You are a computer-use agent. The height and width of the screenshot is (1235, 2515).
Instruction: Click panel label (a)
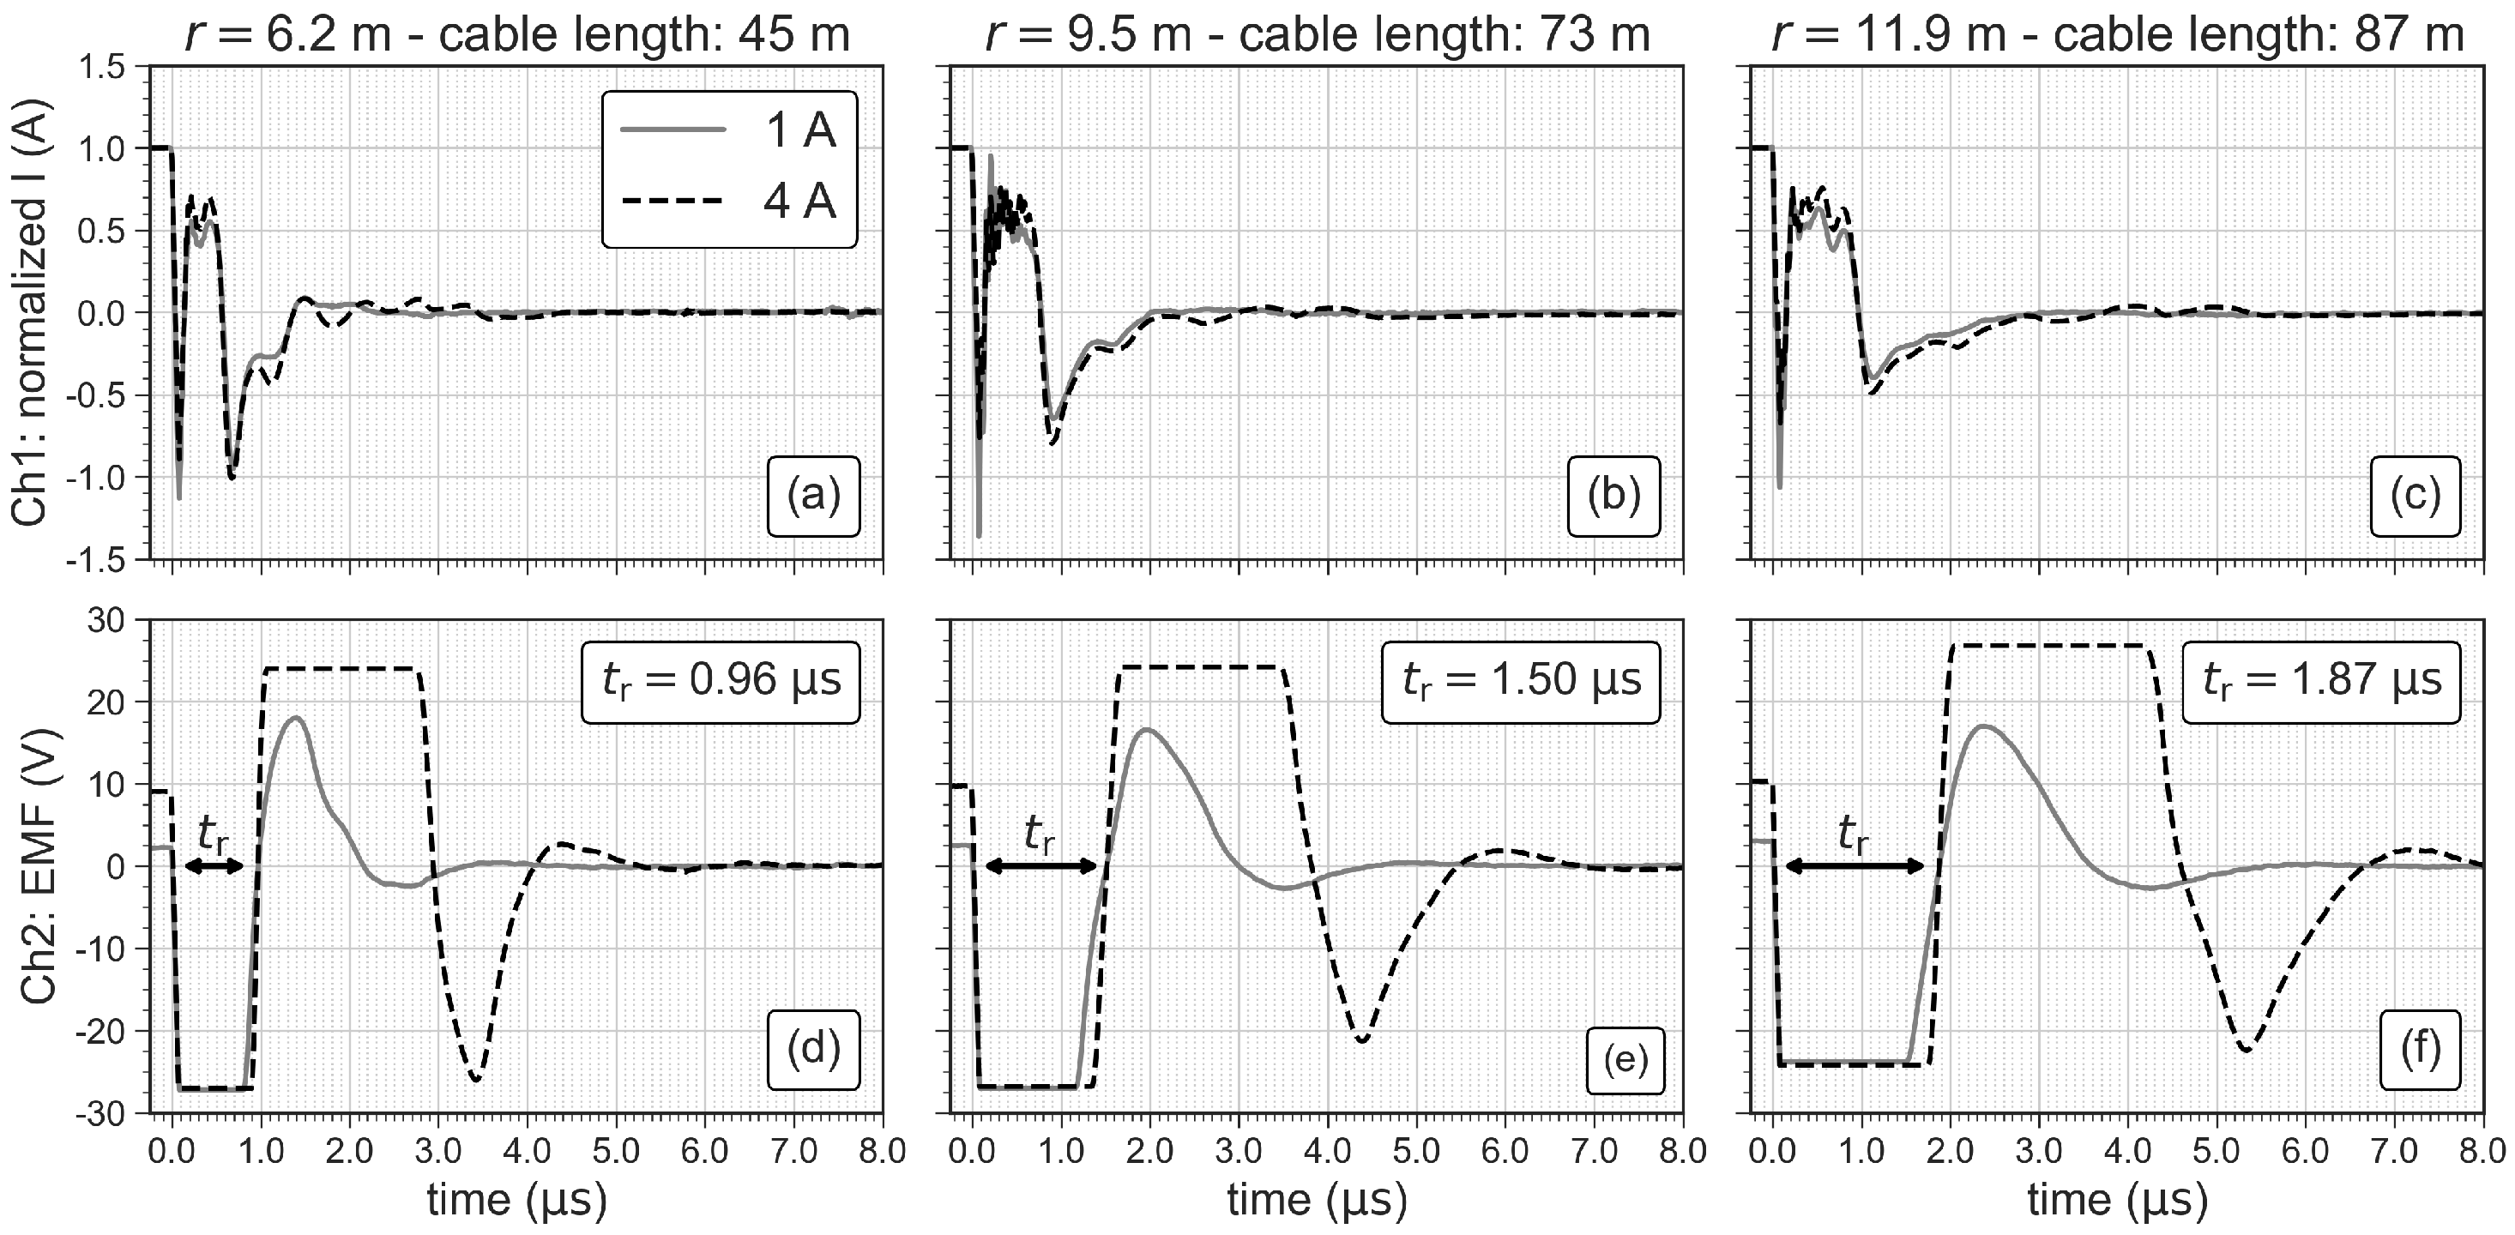(x=813, y=496)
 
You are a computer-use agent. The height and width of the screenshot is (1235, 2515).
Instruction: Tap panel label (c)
(x=2415, y=496)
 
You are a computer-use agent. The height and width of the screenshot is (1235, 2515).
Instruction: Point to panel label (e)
(x=1625, y=1058)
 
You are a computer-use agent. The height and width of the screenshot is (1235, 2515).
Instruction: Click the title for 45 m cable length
(x=516, y=35)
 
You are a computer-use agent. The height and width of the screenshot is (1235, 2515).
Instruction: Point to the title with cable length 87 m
(x=2118, y=35)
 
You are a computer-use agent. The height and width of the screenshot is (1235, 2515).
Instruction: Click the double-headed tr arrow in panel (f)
(x=1854, y=866)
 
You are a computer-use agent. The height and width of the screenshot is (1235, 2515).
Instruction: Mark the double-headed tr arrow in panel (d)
(x=214, y=866)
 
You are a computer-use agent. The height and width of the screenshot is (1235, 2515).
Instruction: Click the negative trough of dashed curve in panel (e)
(x=1362, y=1040)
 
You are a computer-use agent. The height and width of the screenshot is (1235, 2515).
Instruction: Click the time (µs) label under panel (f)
(x=2118, y=1199)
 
